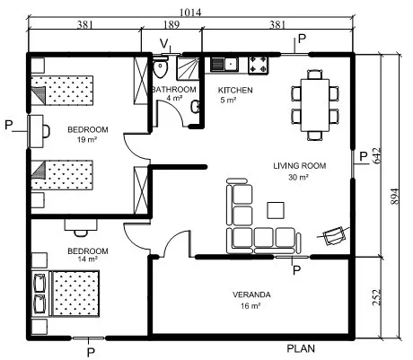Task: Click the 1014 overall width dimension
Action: (x=190, y=13)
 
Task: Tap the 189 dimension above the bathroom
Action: (x=171, y=24)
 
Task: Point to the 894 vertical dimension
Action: (x=395, y=197)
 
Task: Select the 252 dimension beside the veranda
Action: (x=376, y=297)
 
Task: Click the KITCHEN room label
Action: (x=235, y=90)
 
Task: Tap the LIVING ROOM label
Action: (x=300, y=165)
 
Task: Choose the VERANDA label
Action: (x=251, y=294)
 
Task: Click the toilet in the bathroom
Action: (x=161, y=67)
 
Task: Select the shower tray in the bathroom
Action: (x=188, y=68)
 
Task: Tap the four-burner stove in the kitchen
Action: (x=259, y=65)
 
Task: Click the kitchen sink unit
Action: (x=224, y=64)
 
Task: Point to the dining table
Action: (x=315, y=105)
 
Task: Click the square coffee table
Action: (x=276, y=210)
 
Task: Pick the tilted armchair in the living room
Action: (x=334, y=235)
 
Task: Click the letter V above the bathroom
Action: (x=163, y=44)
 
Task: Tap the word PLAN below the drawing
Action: (x=301, y=348)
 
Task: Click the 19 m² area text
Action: (x=87, y=139)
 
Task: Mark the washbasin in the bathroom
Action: (x=196, y=107)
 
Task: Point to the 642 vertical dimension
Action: (x=376, y=155)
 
